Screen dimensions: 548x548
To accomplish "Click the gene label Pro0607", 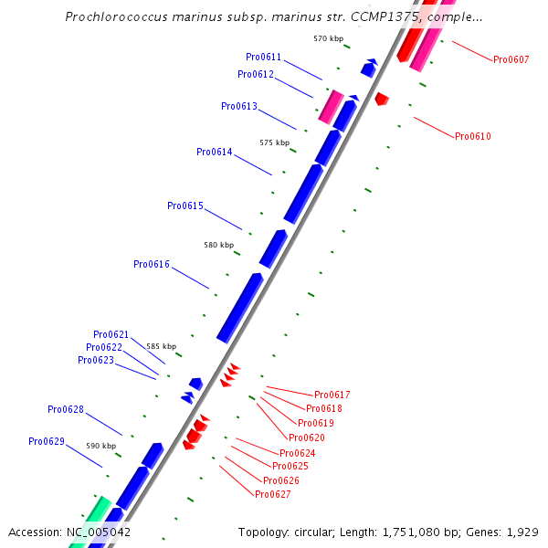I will coord(511,59).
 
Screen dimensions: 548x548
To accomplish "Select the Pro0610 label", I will coord(473,136).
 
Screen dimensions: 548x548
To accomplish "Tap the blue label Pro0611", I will coord(264,57).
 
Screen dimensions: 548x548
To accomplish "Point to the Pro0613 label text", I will coord(239,106).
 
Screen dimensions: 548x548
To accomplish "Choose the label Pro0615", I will coord(185,205).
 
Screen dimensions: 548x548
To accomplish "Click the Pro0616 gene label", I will coord(152,264).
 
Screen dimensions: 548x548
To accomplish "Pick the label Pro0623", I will coord(96,360).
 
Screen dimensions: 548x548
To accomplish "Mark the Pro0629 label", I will coord(47,441).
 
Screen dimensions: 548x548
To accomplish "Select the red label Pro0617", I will coord(332,395).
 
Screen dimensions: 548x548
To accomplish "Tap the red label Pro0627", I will coord(273,494).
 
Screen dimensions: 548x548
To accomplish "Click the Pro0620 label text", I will coord(307,437).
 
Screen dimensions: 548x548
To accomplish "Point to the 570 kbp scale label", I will coord(328,38).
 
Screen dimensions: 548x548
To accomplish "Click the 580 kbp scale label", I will coord(218,245).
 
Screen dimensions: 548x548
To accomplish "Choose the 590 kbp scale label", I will coord(101,446).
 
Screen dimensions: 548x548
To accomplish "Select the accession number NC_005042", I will coord(98,532).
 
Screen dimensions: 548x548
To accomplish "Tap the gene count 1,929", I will coord(523,532).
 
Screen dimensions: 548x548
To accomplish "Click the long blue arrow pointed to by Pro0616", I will coord(240,308).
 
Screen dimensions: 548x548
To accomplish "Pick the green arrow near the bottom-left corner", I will coord(92,522).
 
